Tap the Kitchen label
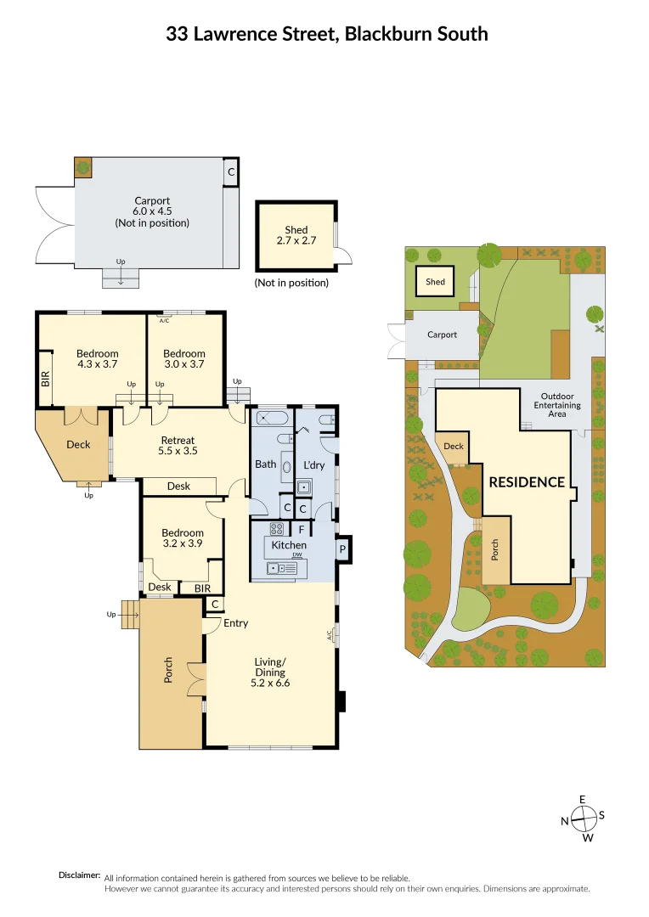click(289, 544)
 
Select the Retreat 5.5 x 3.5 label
click(178, 446)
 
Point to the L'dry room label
click(313, 464)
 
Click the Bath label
click(265, 464)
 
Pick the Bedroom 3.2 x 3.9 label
click(183, 538)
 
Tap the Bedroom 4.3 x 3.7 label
click(98, 359)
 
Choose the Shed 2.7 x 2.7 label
click(296, 235)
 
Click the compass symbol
click(584, 818)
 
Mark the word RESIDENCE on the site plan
click(527, 482)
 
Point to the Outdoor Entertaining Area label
click(558, 406)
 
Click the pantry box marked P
click(343, 548)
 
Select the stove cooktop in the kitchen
click(276, 528)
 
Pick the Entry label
click(235, 623)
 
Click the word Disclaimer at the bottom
click(80, 875)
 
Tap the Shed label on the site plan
click(435, 282)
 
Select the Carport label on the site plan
click(442, 335)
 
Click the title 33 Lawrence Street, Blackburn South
click(327, 34)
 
